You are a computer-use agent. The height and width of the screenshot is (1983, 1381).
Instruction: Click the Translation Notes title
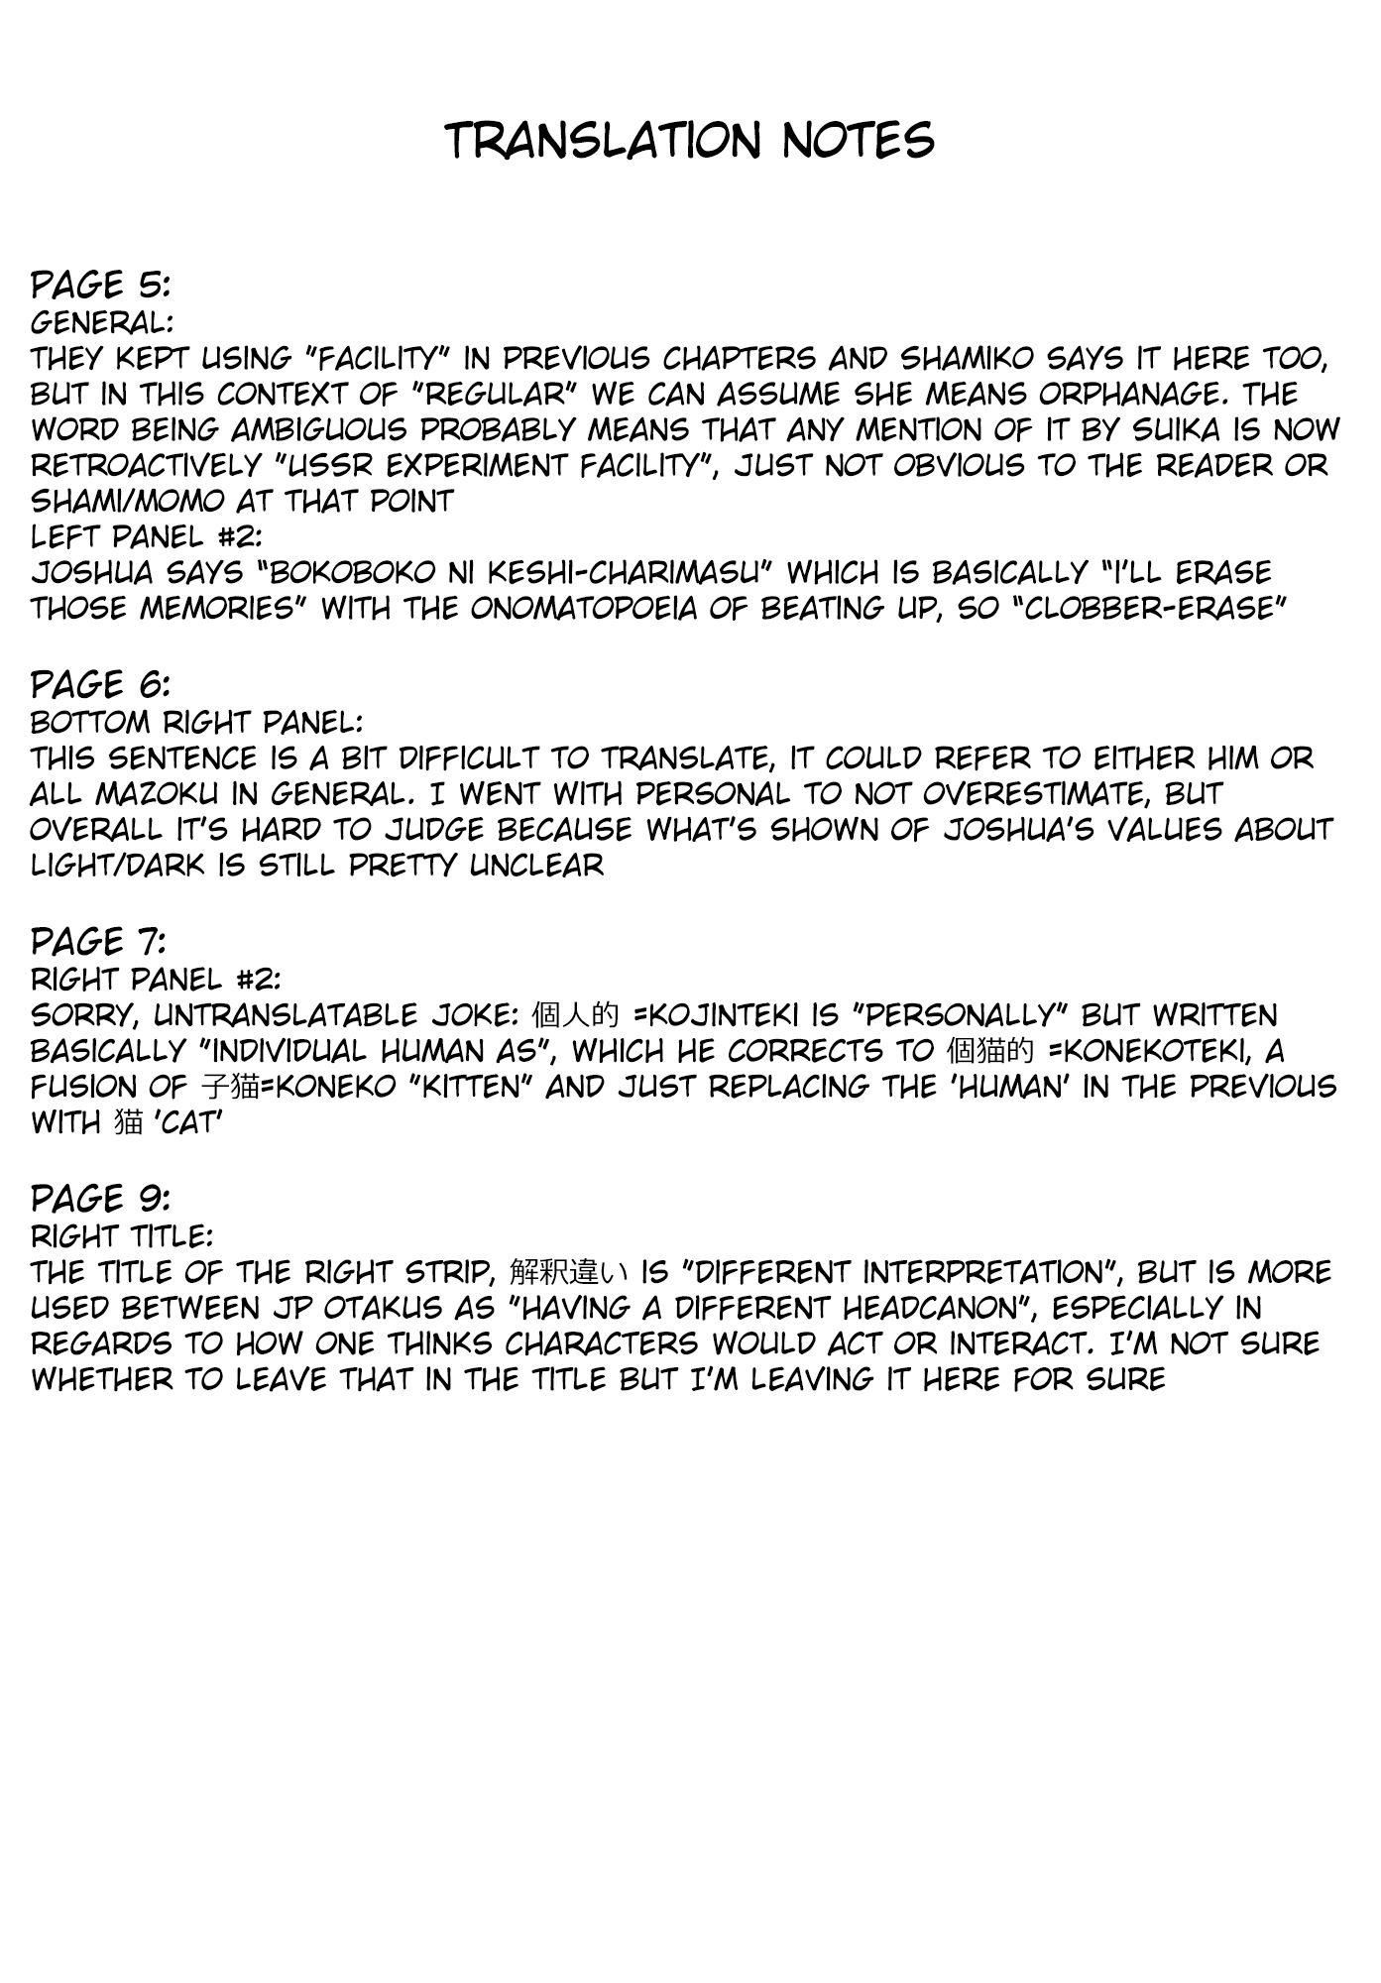tap(690, 140)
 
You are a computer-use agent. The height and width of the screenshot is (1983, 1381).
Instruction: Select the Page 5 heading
tap(101, 286)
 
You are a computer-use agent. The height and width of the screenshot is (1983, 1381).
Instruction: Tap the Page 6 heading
tap(101, 685)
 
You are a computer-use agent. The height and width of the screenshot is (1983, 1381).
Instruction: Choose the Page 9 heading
tap(101, 1199)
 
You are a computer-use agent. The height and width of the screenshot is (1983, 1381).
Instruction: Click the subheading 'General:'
tap(101, 322)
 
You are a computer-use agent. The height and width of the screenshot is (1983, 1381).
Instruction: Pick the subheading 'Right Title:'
tap(122, 1235)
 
